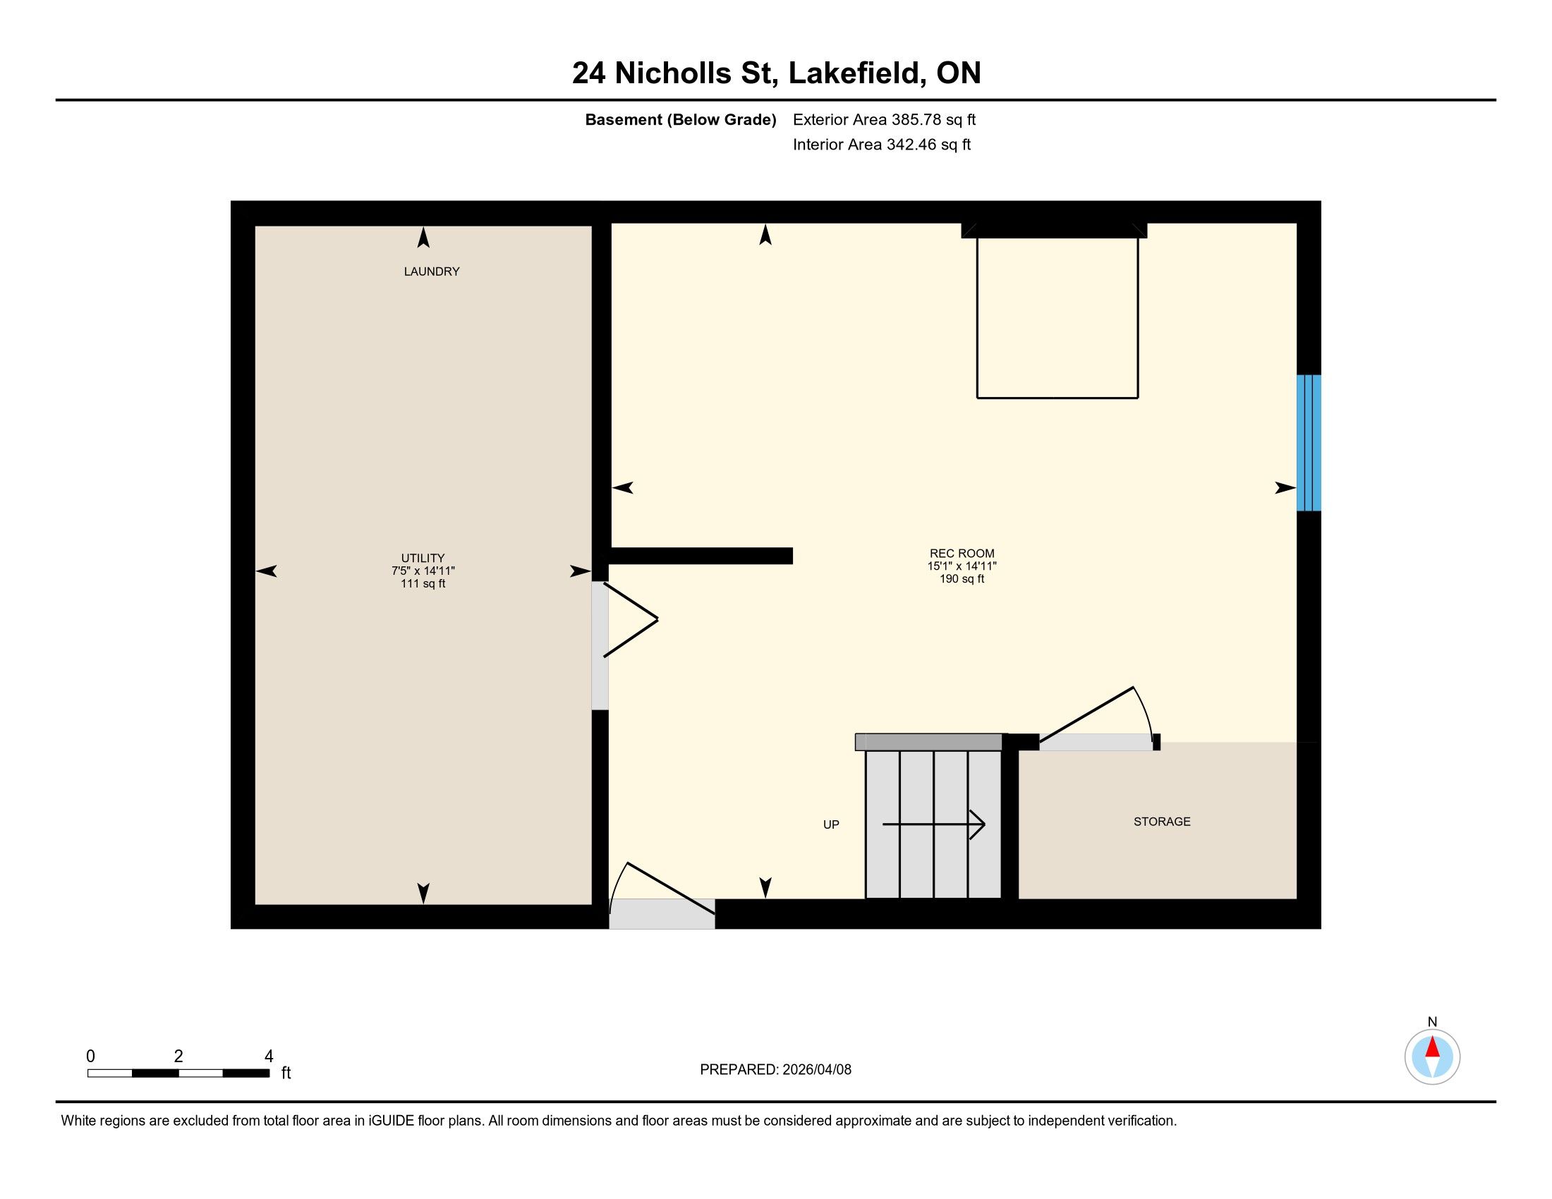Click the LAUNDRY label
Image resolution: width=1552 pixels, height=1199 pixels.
click(x=431, y=272)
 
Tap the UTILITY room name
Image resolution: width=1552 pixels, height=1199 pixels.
click(x=423, y=559)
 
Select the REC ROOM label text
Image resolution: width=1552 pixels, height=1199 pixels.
click(x=962, y=554)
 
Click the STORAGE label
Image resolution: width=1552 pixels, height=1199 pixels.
click(x=1162, y=821)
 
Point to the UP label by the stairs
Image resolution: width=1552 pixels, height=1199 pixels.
click(x=831, y=824)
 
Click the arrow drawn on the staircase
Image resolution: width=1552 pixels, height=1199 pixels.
click(x=934, y=824)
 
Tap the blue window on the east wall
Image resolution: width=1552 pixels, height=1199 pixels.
click(x=1309, y=442)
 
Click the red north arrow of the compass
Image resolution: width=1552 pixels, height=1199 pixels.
click(x=1433, y=1047)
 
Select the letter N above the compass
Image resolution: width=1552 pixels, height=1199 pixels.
click(x=1433, y=1022)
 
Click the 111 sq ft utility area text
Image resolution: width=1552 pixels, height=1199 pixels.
click(x=423, y=584)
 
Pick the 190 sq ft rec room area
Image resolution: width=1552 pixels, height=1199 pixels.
click(x=962, y=579)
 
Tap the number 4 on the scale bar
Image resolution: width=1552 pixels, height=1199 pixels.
click(x=269, y=1057)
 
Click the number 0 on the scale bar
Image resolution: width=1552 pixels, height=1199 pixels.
click(x=90, y=1057)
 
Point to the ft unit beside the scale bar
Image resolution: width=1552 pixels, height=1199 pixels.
click(x=286, y=1073)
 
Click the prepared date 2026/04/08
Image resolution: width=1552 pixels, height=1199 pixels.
click(x=816, y=1070)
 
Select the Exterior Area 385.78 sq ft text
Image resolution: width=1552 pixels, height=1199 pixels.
click(x=884, y=120)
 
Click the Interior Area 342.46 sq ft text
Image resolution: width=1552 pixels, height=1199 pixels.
click(x=882, y=145)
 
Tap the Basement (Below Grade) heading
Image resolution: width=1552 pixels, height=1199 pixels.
click(x=681, y=120)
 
